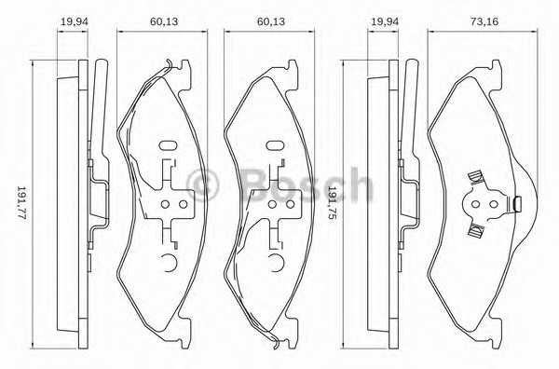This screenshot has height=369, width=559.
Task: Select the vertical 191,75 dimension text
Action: [x=331, y=202]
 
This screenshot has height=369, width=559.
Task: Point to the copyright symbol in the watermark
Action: [x=202, y=185]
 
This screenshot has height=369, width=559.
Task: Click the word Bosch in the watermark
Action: [x=307, y=185]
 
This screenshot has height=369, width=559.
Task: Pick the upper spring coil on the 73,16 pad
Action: [x=475, y=177]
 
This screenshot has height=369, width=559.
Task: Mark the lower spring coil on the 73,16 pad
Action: [x=475, y=230]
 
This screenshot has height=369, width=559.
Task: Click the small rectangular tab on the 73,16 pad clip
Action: [x=517, y=204]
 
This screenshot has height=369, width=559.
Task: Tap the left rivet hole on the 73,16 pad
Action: [x=475, y=204]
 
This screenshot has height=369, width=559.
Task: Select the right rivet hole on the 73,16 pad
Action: [x=494, y=204]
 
